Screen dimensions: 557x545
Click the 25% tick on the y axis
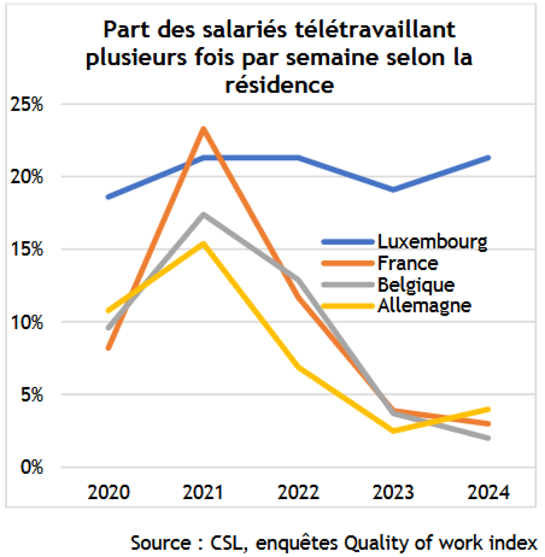point(27,105)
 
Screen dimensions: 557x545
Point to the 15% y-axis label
point(27,249)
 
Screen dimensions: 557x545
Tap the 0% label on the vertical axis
point(32,467)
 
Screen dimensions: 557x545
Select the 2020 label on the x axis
point(109,492)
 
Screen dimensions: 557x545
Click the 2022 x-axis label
point(298,492)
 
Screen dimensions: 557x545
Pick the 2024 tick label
point(488,492)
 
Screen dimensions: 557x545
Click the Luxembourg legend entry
point(432,242)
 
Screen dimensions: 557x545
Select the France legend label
point(407,263)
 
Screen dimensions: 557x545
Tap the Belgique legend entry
point(416,285)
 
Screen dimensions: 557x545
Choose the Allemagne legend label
point(424,306)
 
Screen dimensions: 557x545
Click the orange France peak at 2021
point(203,129)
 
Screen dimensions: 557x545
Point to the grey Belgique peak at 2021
point(203,215)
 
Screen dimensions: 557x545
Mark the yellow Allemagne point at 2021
point(203,244)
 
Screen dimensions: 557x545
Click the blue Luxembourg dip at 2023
point(393,190)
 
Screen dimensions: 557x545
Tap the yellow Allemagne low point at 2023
point(393,431)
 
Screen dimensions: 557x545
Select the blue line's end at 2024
point(488,158)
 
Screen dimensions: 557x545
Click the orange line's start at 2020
point(109,348)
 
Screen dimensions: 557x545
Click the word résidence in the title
point(279,85)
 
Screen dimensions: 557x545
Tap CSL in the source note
point(228,543)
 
